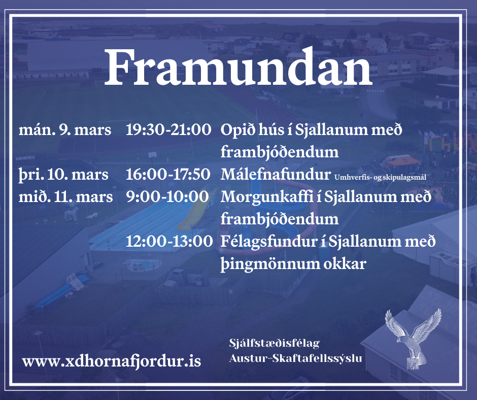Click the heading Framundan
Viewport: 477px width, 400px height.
point(238,67)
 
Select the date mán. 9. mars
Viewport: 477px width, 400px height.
point(65,129)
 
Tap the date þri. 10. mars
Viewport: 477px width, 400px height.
point(63,175)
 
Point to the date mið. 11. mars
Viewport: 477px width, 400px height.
point(65,197)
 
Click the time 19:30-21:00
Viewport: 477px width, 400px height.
point(168,129)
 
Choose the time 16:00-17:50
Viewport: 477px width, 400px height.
point(168,175)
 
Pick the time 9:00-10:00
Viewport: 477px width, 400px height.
point(167,196)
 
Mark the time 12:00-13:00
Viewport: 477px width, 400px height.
point(169,242)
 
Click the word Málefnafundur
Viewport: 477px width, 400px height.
point(276,175)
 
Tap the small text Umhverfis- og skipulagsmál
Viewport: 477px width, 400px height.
point(380,177)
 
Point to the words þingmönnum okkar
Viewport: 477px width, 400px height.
point(293,264)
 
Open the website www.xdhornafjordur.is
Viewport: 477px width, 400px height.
point(111,361)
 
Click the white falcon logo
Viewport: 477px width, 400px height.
point(413,338)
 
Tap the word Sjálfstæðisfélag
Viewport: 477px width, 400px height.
point(275,343)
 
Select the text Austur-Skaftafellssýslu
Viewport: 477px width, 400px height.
point(295,358)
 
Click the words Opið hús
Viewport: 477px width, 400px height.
point(249,130)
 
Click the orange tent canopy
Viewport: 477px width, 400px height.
point(400,160)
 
